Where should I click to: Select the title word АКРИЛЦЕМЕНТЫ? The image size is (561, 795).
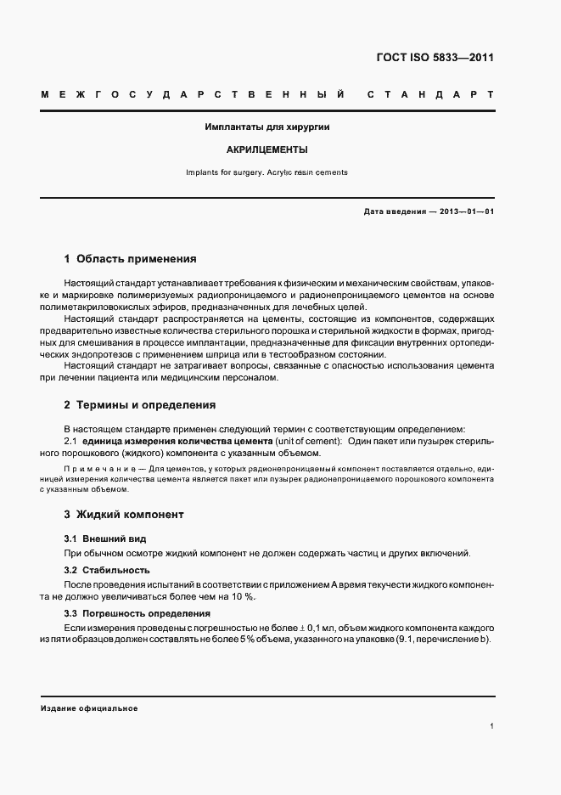click(x=267, y=149)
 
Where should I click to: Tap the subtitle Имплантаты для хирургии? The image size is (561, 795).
click(x=267, y=127)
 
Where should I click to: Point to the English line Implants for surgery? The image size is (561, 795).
click(x=229, y=172)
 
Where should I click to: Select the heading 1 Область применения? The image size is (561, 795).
click(x=131, y=257)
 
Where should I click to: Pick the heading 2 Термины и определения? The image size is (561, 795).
click(x=140, y=405)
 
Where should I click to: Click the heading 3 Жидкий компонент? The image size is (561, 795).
click(x=124, y=515)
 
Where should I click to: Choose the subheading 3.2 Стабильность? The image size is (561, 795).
click(x=107, y=569)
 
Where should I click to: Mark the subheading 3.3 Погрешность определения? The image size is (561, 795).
click(x=137, y=612)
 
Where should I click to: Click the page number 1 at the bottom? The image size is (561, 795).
click(x=492, y=726)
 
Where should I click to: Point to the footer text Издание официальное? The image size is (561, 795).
click(x=89, y=708)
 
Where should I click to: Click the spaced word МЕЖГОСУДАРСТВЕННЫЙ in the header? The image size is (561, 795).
click(x=193, y=93)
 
